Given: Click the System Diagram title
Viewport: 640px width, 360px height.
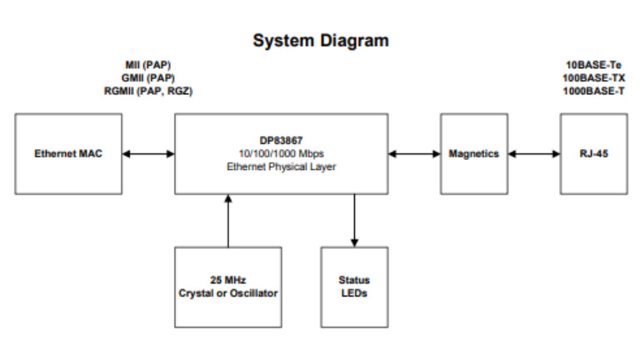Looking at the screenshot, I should point(321,40).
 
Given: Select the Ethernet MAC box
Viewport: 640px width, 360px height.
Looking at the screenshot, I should point(67,153).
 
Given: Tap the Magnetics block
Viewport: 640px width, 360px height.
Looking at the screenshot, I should point(473,153).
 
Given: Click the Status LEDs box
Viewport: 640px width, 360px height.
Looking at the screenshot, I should point(354,287).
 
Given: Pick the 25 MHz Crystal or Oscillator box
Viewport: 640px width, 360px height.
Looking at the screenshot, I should point(227,287).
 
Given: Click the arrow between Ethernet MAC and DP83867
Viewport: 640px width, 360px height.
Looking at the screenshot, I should point(147,153).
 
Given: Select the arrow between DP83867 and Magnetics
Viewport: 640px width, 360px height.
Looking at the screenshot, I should point(414,153).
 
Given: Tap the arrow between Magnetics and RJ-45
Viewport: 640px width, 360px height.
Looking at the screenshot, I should point(534,153).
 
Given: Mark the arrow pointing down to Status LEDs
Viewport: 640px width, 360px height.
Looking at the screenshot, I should point(354,220).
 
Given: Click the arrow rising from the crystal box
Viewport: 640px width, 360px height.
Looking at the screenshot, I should point(227,220).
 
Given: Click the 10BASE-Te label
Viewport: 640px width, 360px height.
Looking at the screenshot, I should point(594,64).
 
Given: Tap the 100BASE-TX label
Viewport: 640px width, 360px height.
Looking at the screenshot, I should point(594,77).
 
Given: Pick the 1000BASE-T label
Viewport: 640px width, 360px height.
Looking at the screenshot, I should point(594,91).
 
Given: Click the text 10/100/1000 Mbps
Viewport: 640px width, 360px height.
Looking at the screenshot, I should point(281,153).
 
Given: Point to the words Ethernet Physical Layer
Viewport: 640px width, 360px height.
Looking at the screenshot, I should point(281,166).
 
